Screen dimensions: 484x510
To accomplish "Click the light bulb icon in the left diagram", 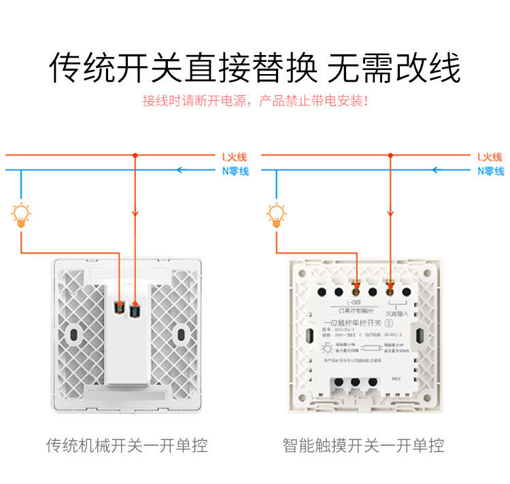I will click(21, 215).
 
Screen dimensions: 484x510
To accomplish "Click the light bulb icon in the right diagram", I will click(276, 215).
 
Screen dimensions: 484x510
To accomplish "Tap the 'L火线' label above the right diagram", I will click(490, 156).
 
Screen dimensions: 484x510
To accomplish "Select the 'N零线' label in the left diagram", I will click(235, 171).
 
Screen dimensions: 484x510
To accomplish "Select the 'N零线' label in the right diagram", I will click(490, 171).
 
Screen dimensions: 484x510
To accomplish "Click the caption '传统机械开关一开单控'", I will click(127, 446).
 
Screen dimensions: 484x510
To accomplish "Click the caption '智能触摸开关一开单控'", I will click(364, 446).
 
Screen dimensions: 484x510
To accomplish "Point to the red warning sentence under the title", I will click(255, 101).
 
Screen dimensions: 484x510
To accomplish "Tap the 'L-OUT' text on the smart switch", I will click(354, 301).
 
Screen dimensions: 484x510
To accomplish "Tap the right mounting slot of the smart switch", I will click(421, 335).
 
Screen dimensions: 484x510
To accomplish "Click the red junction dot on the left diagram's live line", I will click(135, 156).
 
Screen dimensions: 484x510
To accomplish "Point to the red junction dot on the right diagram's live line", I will click(390, 156).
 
